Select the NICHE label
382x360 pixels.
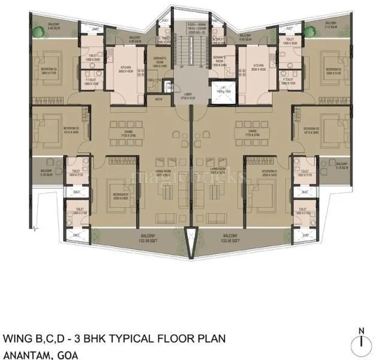tap(158, 99)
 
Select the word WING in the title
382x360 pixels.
tap(17, 338)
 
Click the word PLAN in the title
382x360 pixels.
tap(212, 338)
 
